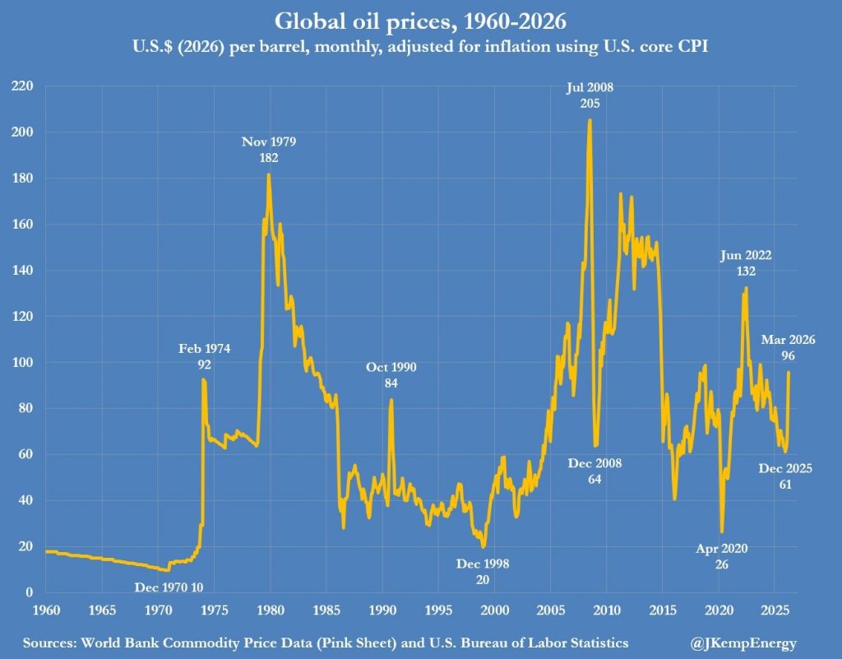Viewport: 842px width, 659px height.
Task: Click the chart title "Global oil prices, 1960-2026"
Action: point(420,21)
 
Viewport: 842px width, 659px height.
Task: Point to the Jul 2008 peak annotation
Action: point(590,95)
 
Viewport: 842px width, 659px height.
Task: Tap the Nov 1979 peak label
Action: point(269,149)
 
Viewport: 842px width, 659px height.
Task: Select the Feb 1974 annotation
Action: point(205,355)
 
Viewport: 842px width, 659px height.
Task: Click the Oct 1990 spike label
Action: point(391,375)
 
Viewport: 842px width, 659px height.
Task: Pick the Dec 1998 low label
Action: point(483,572)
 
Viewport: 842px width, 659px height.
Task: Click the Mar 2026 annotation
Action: point(787,348)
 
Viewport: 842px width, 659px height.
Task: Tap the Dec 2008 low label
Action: point(594,471)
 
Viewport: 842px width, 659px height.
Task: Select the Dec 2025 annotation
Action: point(785,476)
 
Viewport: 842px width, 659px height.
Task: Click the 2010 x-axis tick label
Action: point(607,610)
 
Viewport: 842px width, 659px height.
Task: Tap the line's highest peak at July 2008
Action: point(590,120)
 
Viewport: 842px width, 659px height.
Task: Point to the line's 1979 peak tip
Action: point(268,174)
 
